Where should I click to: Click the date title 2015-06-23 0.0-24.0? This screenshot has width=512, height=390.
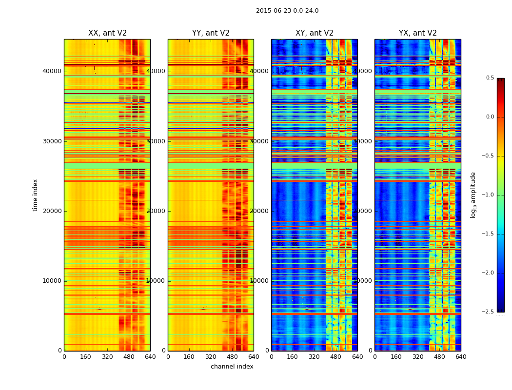point(287,11)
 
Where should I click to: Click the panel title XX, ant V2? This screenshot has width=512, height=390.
point(107,33)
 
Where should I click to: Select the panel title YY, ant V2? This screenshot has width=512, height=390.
point(211,33)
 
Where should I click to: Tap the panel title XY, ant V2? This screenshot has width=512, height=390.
point(315,33)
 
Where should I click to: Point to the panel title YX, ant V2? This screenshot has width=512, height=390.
point(418,33)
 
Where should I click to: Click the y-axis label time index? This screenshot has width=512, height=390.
point(35,195)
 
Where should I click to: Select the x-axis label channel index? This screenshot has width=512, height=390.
point(232,367)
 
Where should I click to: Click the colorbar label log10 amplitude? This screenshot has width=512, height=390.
point(473,195)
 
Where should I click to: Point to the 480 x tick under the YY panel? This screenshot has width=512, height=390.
point(232,357)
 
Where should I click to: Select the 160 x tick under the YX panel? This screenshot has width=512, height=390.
point(396,357)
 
